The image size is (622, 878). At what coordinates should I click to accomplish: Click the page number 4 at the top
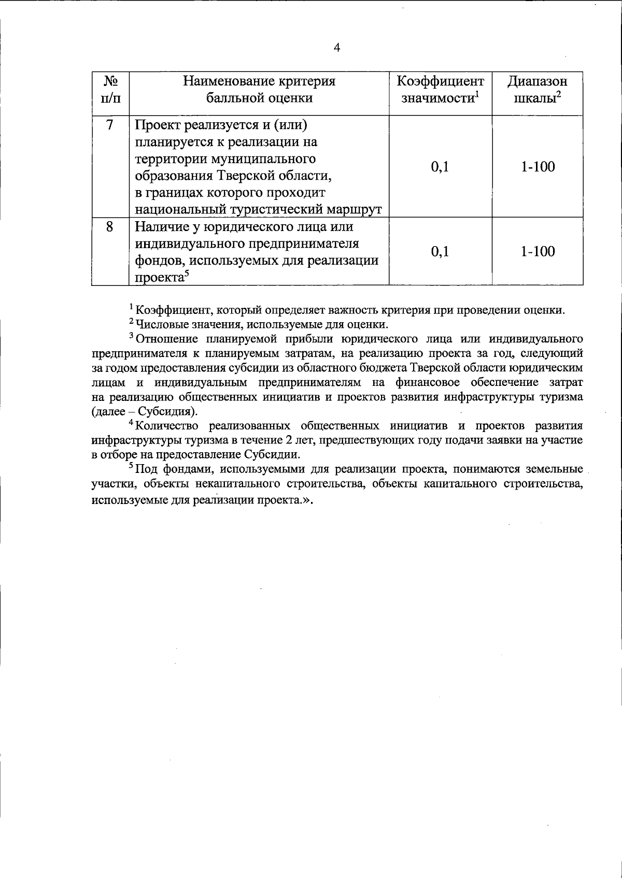click(x=337, y=48)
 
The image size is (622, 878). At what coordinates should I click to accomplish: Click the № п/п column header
click(x=110, y=89)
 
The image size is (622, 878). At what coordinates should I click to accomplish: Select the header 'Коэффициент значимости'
click(x=440, y=89)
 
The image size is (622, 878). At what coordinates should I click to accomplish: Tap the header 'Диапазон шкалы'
click(x=537, y=89)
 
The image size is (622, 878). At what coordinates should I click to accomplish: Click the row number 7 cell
click(x=110, y=125)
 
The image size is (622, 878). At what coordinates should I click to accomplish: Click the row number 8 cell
click(x=110, y=227)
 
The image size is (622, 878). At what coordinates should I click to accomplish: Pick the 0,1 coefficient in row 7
click(x=440, y=167)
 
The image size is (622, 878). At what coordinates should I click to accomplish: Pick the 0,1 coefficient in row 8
click(x=440, y=252)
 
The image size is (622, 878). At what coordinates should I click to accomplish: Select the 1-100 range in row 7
click(x=538, y=167)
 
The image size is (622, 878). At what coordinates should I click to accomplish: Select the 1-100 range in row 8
click(x=538, y=252)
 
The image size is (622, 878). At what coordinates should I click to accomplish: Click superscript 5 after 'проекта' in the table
click(x=185, y=275)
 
